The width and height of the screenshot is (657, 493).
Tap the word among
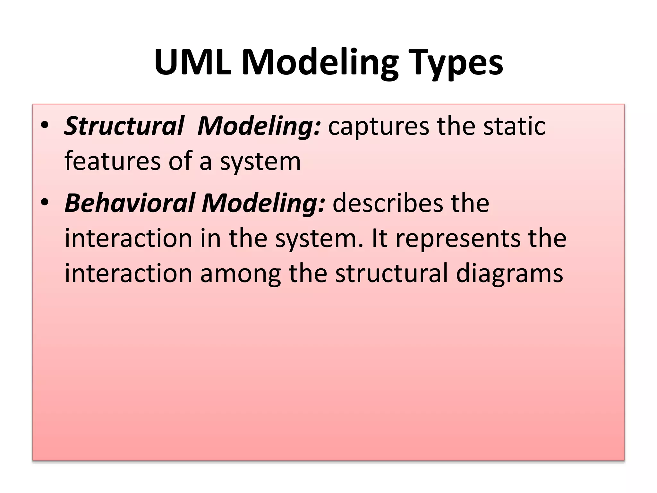point(241,274)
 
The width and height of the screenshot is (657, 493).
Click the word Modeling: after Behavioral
point(263,204)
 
